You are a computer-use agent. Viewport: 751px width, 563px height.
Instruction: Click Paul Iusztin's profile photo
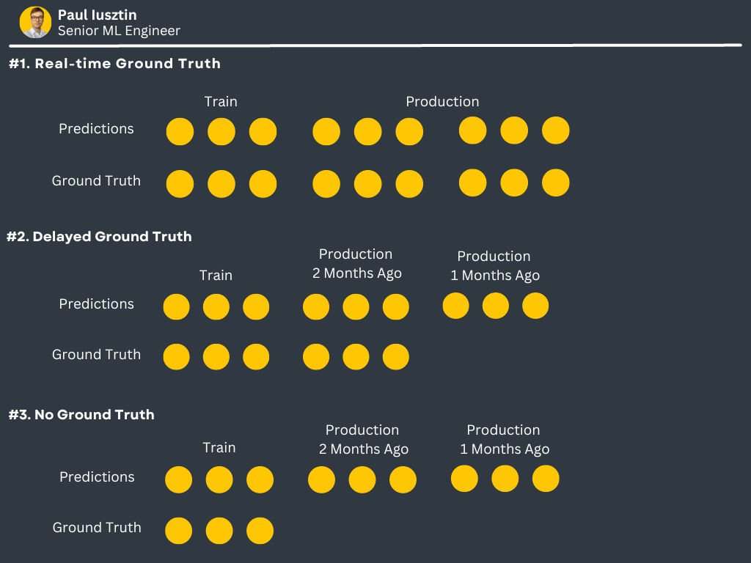tap(35, 22)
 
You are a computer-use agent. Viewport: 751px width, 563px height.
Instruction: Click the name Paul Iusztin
tap(97, 15)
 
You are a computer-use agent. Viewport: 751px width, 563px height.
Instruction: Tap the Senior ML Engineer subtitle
tap(119, 31)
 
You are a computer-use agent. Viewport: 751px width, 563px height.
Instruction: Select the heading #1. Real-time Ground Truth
tap(114, 64)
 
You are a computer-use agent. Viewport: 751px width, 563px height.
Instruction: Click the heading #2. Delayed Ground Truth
tap(99, 237)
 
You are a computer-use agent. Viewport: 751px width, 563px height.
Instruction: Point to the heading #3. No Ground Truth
tap(81, 415)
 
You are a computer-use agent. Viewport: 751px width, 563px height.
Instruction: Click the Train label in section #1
tap(221, 102)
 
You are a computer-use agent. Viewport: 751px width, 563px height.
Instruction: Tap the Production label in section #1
tap(442, 102)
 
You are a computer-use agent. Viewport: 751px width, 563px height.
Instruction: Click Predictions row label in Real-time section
tap(96, 129)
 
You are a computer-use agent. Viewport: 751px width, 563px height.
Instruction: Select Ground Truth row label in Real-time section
tap(96, 181)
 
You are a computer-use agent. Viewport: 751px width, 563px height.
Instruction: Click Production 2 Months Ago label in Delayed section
tap(356, 264)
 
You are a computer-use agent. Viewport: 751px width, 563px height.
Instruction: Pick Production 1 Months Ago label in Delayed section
tap(494, 266)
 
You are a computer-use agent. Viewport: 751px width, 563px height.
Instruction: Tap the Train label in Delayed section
tap(216, 276)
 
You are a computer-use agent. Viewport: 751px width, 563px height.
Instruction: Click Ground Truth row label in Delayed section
tap(96, 355)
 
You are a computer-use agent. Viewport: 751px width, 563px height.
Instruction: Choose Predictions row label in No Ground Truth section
tap(97, 477)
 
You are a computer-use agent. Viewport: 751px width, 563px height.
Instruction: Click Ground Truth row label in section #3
tap(97, 528)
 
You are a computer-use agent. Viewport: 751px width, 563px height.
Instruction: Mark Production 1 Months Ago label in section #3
tap(504, 440)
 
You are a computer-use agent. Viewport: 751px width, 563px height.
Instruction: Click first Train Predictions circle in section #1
tap(180, 132)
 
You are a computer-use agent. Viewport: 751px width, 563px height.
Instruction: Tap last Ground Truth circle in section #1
tap(555, 183)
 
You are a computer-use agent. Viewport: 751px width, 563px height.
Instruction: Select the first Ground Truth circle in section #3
tap(178, 531)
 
